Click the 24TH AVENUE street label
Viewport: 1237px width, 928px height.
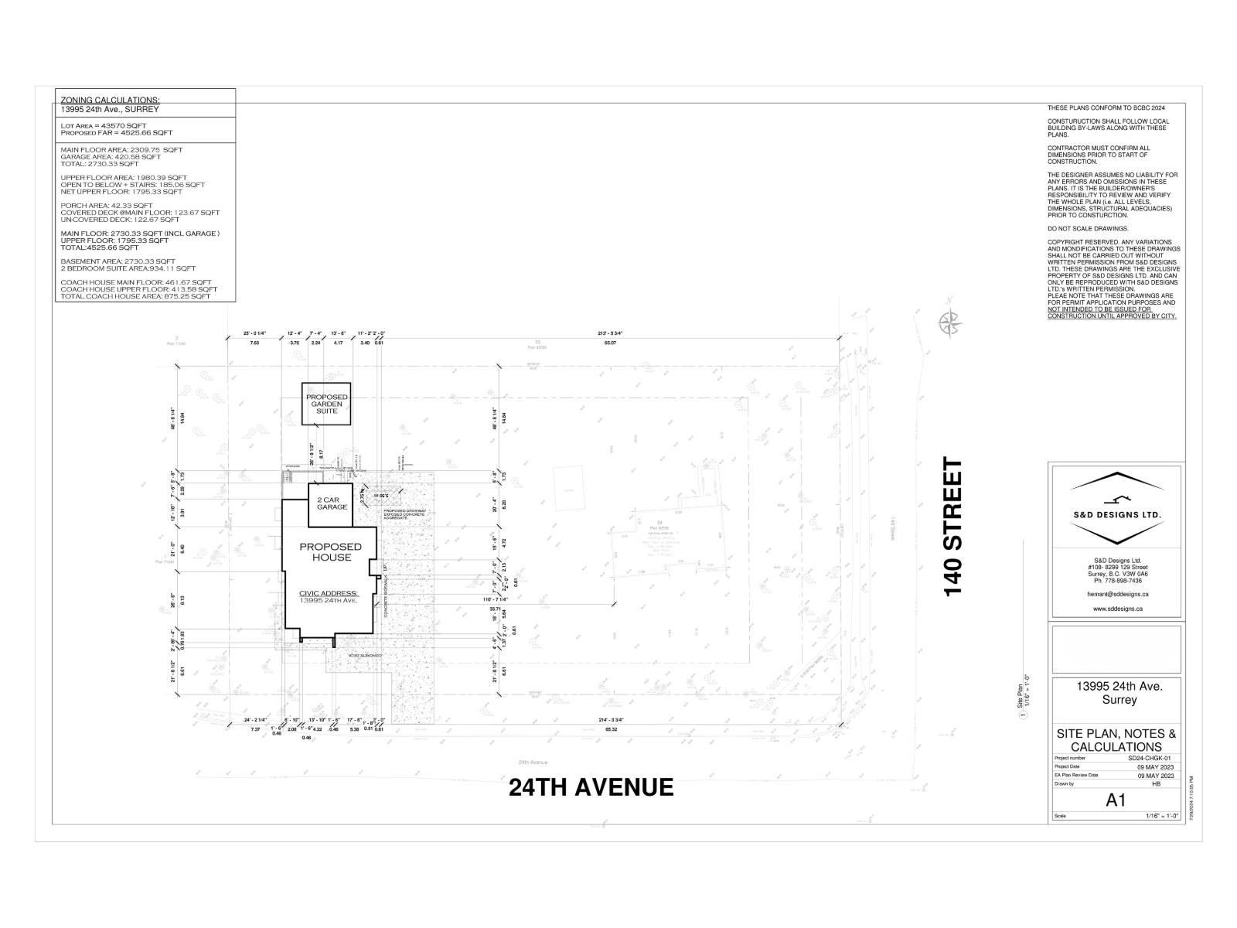(x=591, y=787)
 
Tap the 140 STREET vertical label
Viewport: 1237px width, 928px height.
(x=954, y=527)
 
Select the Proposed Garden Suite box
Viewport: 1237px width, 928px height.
(x=326, y=404)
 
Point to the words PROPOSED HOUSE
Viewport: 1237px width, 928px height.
(x=331, y=552)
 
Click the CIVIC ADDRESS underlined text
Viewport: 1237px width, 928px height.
(x=329, y=593)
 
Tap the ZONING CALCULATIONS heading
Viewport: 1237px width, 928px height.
(x=110, y=101)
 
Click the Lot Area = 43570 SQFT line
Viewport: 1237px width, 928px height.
(x=103, y=125)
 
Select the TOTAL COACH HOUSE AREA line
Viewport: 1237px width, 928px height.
(x=135, y=296)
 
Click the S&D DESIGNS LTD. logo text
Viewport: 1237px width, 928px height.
(x=1116, y=514)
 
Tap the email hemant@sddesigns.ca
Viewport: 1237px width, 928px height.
(x=1115, y=594)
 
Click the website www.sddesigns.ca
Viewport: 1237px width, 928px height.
(x=1115, y=609)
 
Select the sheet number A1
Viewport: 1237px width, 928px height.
(x=1115, y=800)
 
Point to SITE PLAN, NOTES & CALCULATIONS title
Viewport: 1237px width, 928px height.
(x=1116, y=740)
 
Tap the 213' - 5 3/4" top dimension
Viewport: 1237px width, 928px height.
(x=611, y=333)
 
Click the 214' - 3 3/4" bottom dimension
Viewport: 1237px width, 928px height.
(x=611, y=720)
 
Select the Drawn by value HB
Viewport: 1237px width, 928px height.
(x=1157, y=784)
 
